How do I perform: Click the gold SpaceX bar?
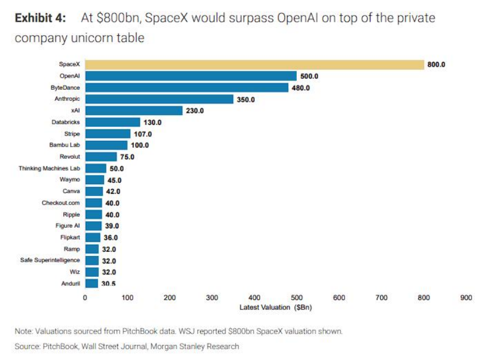254,64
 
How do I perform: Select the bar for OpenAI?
190,76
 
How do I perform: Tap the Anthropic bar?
159,99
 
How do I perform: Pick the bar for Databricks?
112,122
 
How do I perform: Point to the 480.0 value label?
301,87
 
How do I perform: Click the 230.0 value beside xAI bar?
194,110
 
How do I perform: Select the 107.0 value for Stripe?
142,133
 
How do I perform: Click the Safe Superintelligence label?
50,261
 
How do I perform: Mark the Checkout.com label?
61,203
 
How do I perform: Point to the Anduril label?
70,284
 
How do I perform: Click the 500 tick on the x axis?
297,298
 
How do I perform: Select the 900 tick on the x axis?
466,298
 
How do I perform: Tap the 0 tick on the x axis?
85,298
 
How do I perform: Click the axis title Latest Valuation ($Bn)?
276,307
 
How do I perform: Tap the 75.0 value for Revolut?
127,156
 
